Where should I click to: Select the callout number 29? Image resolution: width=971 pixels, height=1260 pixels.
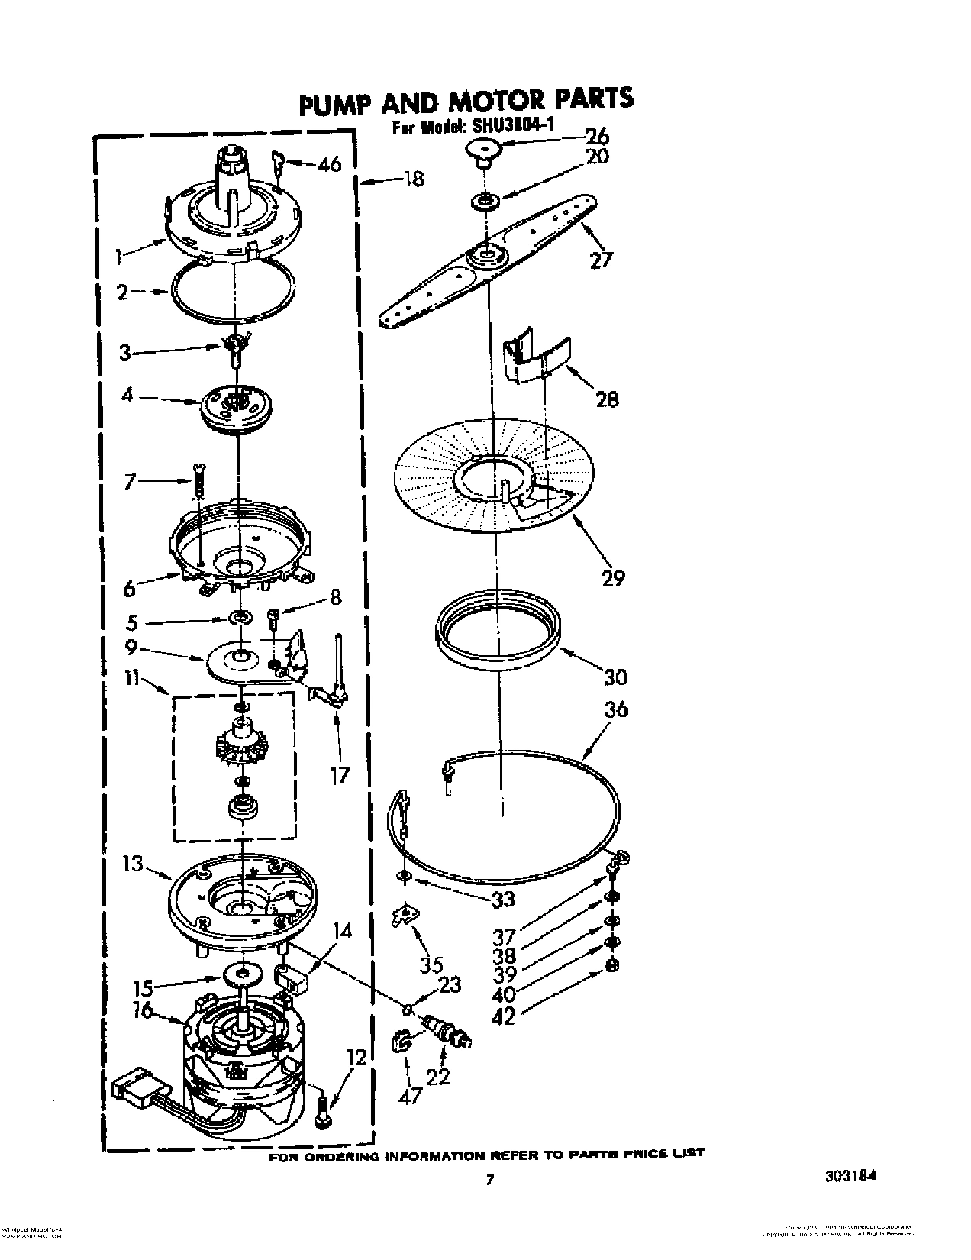click(x=612, y=578)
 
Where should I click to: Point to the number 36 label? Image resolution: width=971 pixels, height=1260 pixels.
click(x=615, y=709)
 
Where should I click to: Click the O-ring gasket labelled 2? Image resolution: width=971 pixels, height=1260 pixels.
click(x=234, y=289)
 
